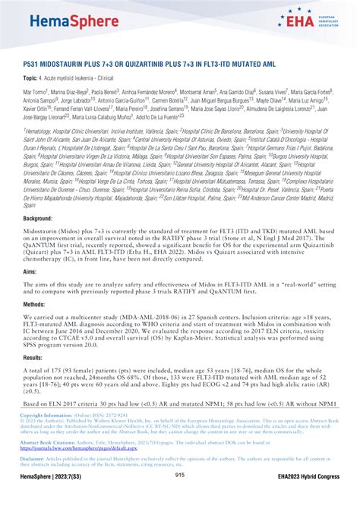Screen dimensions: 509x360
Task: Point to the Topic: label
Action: coord(32,78)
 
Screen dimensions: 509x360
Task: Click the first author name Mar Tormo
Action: coord(35,91)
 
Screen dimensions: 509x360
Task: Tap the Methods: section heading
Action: coord(35,303)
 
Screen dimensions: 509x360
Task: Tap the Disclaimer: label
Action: coord(33,458)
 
